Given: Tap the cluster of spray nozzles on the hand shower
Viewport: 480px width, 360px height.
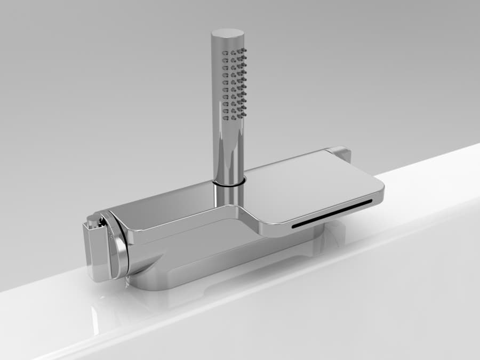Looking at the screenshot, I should coord(234,83).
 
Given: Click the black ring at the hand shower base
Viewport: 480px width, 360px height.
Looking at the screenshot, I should coord(229,183).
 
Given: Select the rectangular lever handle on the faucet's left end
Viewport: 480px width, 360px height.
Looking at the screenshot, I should coord(95,251).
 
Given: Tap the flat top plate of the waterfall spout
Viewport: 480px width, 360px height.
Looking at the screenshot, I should coord(315,187).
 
